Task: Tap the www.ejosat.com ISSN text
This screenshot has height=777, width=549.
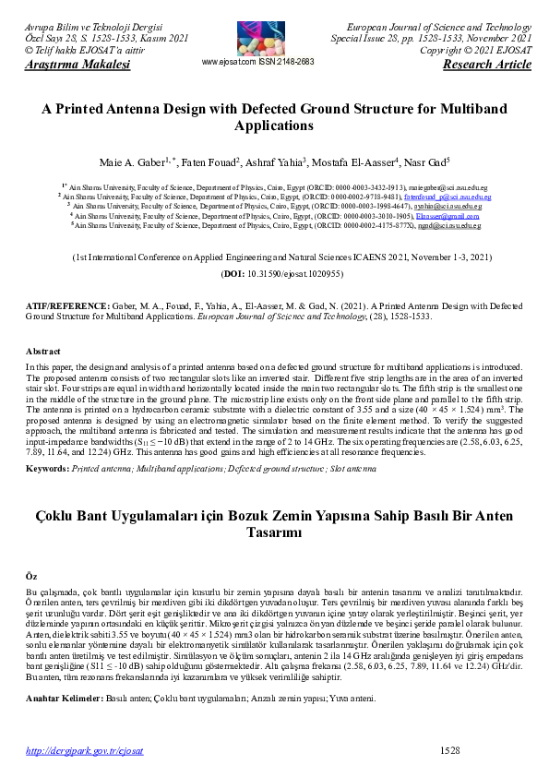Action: [x=258, y=62]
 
